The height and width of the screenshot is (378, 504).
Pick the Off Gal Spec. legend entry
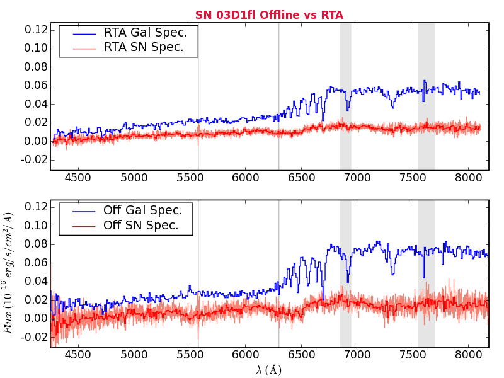pos(143,210)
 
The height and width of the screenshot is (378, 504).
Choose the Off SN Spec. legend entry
pos(141,225)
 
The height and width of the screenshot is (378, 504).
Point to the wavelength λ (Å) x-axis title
pos(269,369)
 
